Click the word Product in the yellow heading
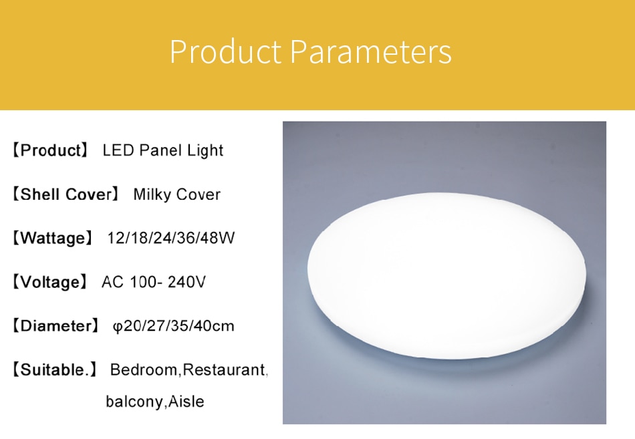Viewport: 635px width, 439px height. tap(225, 51)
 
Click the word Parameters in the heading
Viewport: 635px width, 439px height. tap(370, 51)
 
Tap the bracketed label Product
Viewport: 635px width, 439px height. tap(50, 150)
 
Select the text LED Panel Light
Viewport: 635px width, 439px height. tap(163, 150)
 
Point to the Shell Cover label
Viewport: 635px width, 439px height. tap(66, 194)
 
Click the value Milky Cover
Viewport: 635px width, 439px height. tap(177, 194)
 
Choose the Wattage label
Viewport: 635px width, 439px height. tap(53, 238)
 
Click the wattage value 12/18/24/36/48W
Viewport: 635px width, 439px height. tap(171, 238)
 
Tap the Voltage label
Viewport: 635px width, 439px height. tap(50, 282)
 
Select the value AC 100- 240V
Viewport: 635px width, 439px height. tap(154, 282)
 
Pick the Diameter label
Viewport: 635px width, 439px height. tap(55, 325)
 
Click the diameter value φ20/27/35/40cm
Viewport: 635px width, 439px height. tap(173, 326)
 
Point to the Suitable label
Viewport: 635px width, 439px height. tap(55, 370)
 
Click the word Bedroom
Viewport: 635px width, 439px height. tap(144, 370)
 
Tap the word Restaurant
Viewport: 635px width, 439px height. tap(224, 370)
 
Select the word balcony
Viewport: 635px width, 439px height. tap(134, 402)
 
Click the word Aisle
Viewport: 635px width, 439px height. tap(186, 402)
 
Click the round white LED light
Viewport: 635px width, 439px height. tap(447, 276)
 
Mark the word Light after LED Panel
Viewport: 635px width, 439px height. tap(205, 150)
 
